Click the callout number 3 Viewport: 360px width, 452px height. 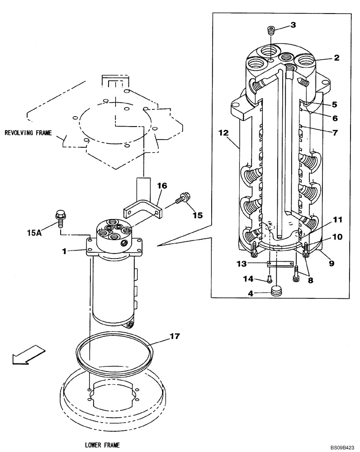pos(293,25)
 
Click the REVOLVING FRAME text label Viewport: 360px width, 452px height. pos(28,133)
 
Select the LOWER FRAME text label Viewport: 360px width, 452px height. pos(102,445)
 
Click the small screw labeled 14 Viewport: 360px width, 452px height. pos(270,279)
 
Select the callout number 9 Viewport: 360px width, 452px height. pos(332,263)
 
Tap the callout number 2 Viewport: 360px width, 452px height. pos(336,58)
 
